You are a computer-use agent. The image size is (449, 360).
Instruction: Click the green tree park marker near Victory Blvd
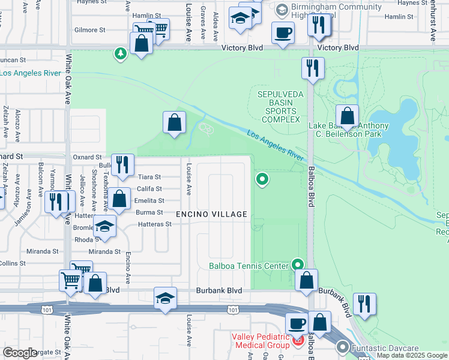click(121, 54)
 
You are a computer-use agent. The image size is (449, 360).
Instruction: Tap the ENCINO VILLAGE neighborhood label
click(211, 214)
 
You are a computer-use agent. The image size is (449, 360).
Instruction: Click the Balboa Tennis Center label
click(249, 266)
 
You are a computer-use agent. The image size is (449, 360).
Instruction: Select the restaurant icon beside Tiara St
click(122, 165)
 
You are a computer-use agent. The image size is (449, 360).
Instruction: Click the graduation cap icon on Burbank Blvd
click(165, 299)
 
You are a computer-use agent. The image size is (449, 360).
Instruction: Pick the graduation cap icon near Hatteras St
click(104, 227)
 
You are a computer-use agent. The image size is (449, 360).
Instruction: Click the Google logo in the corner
click(20, 353)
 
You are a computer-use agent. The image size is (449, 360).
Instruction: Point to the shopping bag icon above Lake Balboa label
click(347, 115)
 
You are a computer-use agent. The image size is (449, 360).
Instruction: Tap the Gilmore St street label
click(90, 29)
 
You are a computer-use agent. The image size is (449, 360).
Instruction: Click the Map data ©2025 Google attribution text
click(412, 356)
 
